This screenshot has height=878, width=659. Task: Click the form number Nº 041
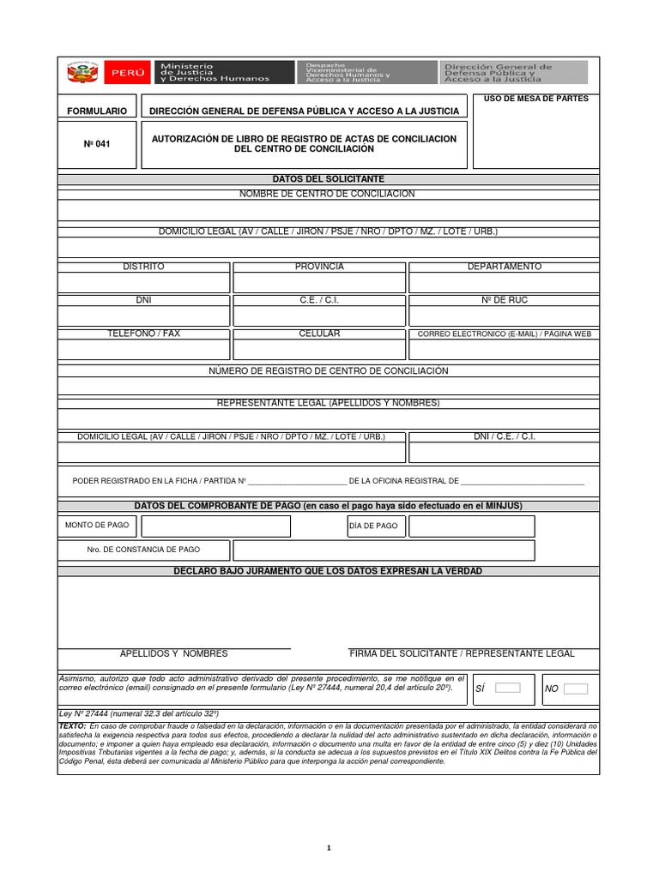coord(96,144)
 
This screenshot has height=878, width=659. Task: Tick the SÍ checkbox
coord(508,688)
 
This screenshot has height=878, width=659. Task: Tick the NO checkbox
coord(576,688)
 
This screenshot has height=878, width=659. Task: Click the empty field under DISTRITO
coord(143,283)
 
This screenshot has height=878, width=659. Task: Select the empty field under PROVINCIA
coord(319,283)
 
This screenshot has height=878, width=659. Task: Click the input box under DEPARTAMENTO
coord(504,283)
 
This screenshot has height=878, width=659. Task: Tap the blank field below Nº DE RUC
coord(504,316)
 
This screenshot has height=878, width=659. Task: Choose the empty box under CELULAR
coord(319,349)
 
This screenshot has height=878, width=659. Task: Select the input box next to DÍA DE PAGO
coord(471,526)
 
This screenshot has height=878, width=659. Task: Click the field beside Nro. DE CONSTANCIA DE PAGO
coord(384,550)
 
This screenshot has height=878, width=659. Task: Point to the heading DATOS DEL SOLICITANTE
coord(329,178)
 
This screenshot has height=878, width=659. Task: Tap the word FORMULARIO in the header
coord(97,111)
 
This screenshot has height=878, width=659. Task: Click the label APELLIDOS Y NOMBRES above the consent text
coord(173,653)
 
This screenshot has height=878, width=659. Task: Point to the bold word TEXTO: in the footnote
coord(72,725)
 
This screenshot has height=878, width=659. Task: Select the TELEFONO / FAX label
coord(143,334)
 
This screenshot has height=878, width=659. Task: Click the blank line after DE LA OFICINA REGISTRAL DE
coord(523,482)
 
